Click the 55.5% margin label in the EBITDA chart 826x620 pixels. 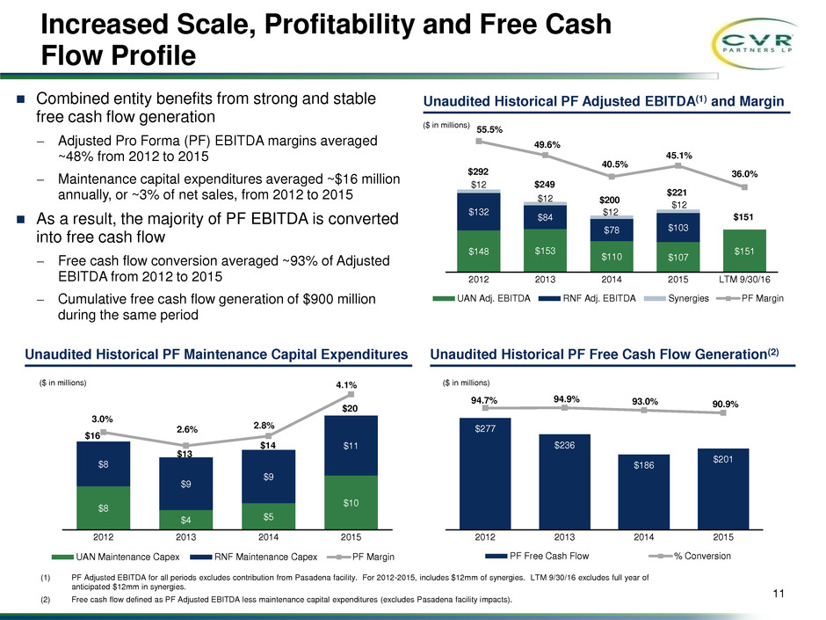click(489, 128)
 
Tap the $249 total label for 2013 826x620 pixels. click(546, 186)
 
